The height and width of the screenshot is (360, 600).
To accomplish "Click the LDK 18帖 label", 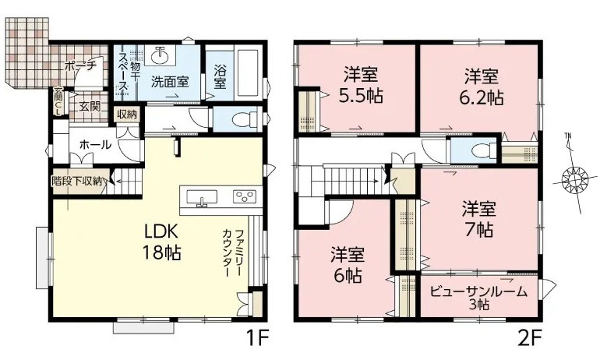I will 161,242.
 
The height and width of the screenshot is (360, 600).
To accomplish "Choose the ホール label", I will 94,145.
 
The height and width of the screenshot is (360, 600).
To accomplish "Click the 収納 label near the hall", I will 127,115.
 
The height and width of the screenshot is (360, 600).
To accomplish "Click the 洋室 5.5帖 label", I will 360,86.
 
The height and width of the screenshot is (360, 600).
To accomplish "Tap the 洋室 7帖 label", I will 478,219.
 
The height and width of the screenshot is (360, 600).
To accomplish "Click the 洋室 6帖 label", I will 347,265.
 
